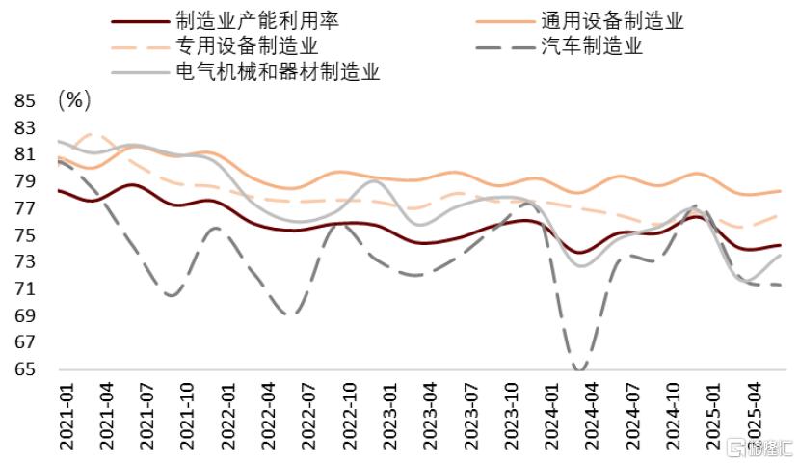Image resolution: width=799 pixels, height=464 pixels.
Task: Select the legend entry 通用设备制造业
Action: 612,20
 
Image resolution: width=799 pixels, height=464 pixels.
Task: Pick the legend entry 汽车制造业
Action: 591,45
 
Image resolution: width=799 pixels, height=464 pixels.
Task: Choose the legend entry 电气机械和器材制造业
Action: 278,71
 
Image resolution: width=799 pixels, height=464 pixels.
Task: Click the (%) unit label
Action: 75,99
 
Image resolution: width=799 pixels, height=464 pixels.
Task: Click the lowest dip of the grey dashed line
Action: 579,368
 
